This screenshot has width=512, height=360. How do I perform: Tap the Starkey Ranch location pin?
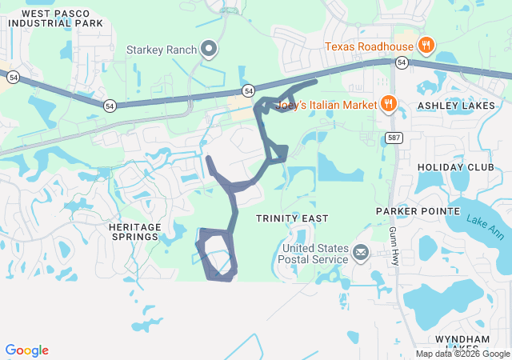(210, 50)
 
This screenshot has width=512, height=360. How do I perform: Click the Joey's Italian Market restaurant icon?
(388, 103)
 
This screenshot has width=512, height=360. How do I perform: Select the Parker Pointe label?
(418, 210)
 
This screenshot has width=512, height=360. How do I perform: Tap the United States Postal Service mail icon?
(360, 254)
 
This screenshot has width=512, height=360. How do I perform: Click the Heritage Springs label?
(134, 232)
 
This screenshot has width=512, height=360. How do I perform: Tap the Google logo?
(26, 350)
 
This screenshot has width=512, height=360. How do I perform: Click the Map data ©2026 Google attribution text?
(462, 354)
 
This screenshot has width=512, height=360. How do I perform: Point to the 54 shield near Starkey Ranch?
(248, 90)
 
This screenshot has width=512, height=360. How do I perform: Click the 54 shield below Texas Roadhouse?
(402, 62)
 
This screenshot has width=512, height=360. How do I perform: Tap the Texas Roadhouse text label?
(370, 46)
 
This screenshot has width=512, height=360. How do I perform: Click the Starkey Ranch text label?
(161, 50)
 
